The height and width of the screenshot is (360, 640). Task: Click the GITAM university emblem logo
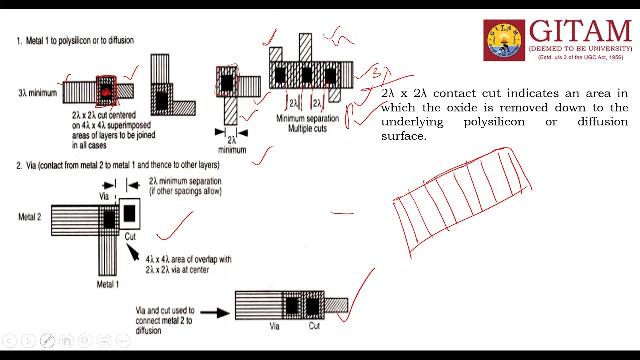504,40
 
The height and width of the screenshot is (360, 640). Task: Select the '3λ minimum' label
37,93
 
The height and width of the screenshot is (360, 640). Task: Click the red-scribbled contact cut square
106,91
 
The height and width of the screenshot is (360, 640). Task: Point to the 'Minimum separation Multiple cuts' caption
307,123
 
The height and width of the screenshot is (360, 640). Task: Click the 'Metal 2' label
30,217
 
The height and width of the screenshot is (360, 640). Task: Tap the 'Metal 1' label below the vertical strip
108,284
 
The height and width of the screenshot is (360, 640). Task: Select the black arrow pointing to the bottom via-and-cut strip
215,313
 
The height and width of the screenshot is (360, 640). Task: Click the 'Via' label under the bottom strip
274,326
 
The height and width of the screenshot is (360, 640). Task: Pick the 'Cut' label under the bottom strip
314,326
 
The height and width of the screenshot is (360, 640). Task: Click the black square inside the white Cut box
129,213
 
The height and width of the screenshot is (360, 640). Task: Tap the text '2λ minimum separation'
185,181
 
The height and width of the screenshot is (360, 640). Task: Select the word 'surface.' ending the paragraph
403,136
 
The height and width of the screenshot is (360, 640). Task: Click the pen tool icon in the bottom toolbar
47,341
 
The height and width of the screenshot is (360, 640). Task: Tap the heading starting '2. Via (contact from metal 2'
118,165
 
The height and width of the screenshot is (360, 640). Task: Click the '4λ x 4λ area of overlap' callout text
188,260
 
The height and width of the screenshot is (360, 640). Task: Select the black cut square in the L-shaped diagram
161,100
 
